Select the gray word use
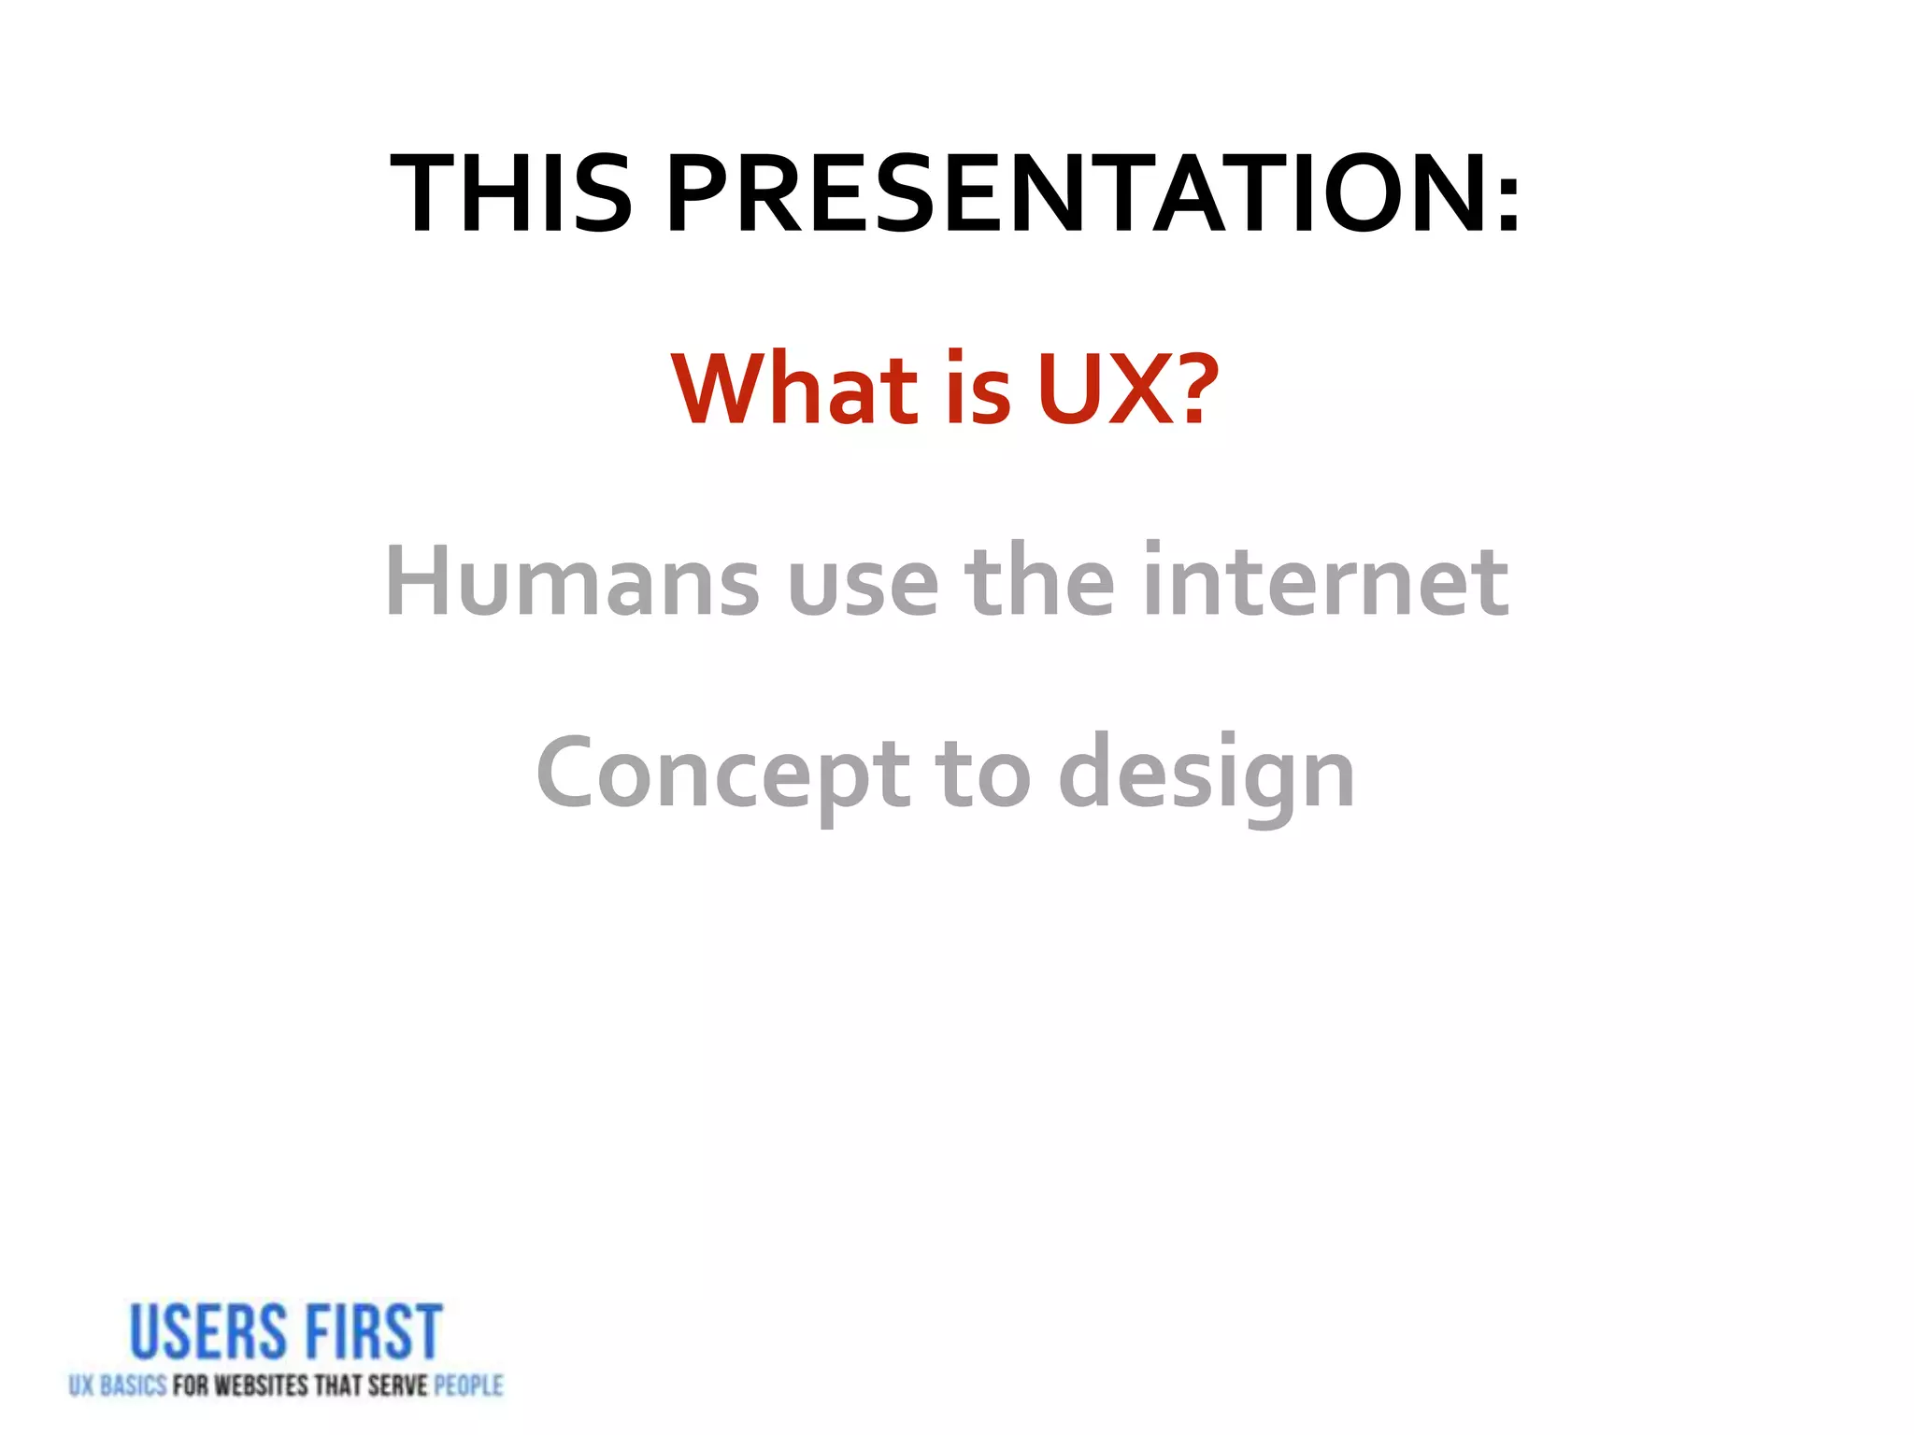(x=862, y=589)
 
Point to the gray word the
(x=1039, y=581)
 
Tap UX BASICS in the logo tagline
(x=117, y=1385)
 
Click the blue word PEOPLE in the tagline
(x=468, y=1385)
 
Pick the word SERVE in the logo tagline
(x=397, y=1385)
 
